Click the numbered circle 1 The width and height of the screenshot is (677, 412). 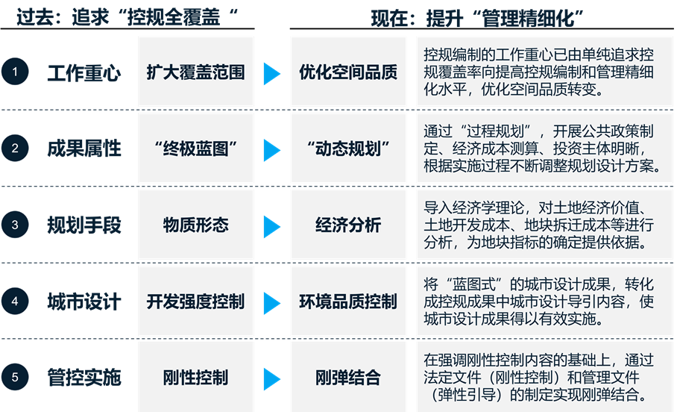[x=16, y=72]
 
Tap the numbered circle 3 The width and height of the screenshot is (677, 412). [x=16, y=225]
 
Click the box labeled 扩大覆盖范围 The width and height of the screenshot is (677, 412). [x=195, y=72]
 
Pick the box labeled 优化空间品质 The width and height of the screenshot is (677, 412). [x=348, y=72]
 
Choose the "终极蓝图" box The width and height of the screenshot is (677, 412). [x=195, y=149]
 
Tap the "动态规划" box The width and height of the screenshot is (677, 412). [x=348, y=149]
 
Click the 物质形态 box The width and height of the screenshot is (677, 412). [x=195, y=225]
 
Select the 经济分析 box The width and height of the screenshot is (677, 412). [x=348, y=225]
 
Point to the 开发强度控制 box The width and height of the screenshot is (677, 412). [x=195, y=302]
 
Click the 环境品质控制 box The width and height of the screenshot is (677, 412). [x=348, y=302]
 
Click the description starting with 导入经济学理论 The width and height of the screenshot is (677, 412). [x=541, y=225]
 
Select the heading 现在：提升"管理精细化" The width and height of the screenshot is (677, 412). [x=477, y=19]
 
